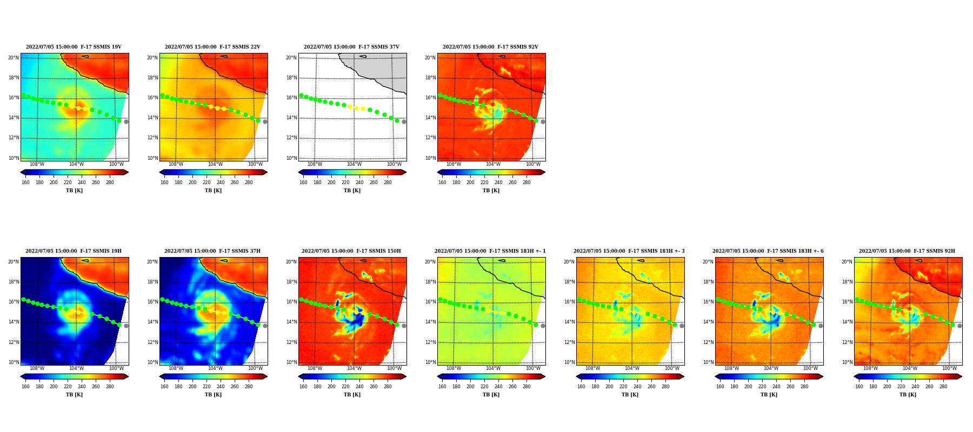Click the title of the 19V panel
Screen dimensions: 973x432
[x=74, y=47]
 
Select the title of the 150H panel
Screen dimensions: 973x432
[x=351, y=251]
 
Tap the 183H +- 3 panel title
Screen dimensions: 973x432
[x=629, y=251]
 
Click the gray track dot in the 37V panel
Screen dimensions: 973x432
[x=404, y=122]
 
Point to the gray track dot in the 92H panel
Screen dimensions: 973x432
[x=959, y=326]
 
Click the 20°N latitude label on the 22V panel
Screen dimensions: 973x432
[x=152, y=58]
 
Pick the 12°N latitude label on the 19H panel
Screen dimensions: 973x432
[x=14, y=342]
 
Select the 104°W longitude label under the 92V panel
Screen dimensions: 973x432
[x=493, y=164]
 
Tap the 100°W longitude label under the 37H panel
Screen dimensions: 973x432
[x=255, y=368]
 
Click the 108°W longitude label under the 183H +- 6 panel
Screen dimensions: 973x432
[x=731, y=368]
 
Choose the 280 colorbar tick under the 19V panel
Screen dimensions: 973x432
[x=110, y=183]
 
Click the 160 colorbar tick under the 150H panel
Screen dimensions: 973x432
[x=303, y=387]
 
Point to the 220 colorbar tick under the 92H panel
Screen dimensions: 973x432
[x=901, y=387]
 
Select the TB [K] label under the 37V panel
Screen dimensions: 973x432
[x=352, y=191]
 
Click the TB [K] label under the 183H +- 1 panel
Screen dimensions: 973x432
[x=491, y=395]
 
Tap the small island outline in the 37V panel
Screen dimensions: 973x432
[x=363, y=56]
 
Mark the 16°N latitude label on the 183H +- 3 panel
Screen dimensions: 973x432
[x=569, y=302]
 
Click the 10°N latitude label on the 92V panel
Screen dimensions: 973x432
[x=430, y=158]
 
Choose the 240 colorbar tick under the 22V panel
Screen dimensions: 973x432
[x=221, y=183]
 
